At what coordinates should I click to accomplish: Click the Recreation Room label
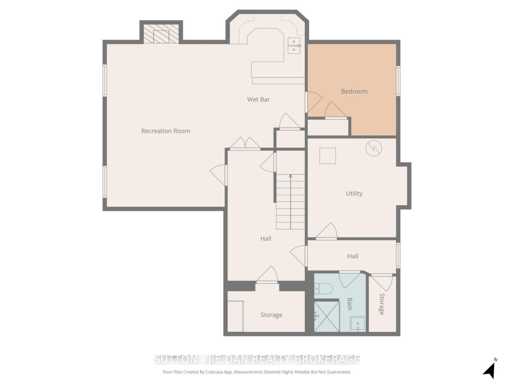click(x=165, y=131)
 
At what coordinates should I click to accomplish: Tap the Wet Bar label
click(x=258, y=99)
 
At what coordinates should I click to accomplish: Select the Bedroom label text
click(x=354, y=91)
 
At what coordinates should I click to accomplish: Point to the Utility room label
click(x=354, y=194)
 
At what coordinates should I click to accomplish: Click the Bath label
click(x=349, y=304)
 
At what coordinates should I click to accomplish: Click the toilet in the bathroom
click(x=323, y=289)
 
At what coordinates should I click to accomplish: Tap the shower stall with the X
click(x=326, y=316)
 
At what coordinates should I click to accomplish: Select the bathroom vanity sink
click(x=357, y=324)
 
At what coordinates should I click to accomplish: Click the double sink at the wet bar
click(x=294, y=46)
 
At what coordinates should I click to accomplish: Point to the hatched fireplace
click(x=161, y=34)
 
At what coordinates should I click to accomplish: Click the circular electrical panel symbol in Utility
click(x=374, y=148)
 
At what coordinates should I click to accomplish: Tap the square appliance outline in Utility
click(x=328, y=156)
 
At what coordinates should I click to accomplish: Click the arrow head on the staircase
click(x=291, y=176)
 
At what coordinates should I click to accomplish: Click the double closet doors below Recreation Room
click(x=245, y=143)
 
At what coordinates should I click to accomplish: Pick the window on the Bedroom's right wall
click(x=398, y=81)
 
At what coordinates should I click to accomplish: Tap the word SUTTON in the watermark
click(x=176, y=359)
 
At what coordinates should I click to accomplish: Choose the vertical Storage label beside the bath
click(x=382, y=304)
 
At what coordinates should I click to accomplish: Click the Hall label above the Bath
click(x=353, y=256)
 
